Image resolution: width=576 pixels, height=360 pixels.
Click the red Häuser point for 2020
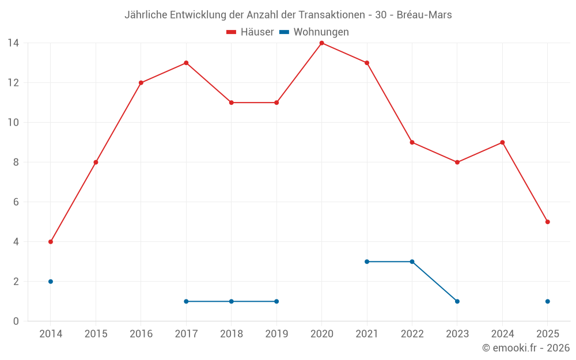tap(321, 43)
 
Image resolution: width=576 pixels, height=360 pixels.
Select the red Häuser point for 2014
tap(51, 242)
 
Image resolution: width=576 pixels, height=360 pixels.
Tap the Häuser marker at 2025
tap(547, 222)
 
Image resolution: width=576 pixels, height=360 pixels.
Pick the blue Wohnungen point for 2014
tap(51, 282)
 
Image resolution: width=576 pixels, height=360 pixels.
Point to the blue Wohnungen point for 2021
tap(367, 262)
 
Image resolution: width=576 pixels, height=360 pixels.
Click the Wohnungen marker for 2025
tap(547, 301)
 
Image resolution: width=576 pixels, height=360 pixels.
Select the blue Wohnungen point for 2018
tap(232, 301)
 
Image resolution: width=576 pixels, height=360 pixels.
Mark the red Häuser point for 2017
tap(186, 63)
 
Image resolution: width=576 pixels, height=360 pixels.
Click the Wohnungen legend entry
tap(314, 32)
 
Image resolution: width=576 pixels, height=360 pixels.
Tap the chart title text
tap(288, 15)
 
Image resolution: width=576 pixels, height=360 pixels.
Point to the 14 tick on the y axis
tap(13, 43)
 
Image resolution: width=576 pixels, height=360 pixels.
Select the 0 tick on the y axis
tap(16, 321)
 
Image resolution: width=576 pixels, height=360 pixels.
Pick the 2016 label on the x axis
tap(141, 334)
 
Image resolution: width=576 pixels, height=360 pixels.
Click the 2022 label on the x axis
tap(412, 334)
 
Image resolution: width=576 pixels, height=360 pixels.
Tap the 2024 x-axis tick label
tap(502, 334)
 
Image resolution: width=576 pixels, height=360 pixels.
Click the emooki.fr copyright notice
tap(525, 348)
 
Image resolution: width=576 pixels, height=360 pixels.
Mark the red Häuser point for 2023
tap(457, 162)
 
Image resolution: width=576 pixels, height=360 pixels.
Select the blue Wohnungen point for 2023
tap(457, 301)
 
